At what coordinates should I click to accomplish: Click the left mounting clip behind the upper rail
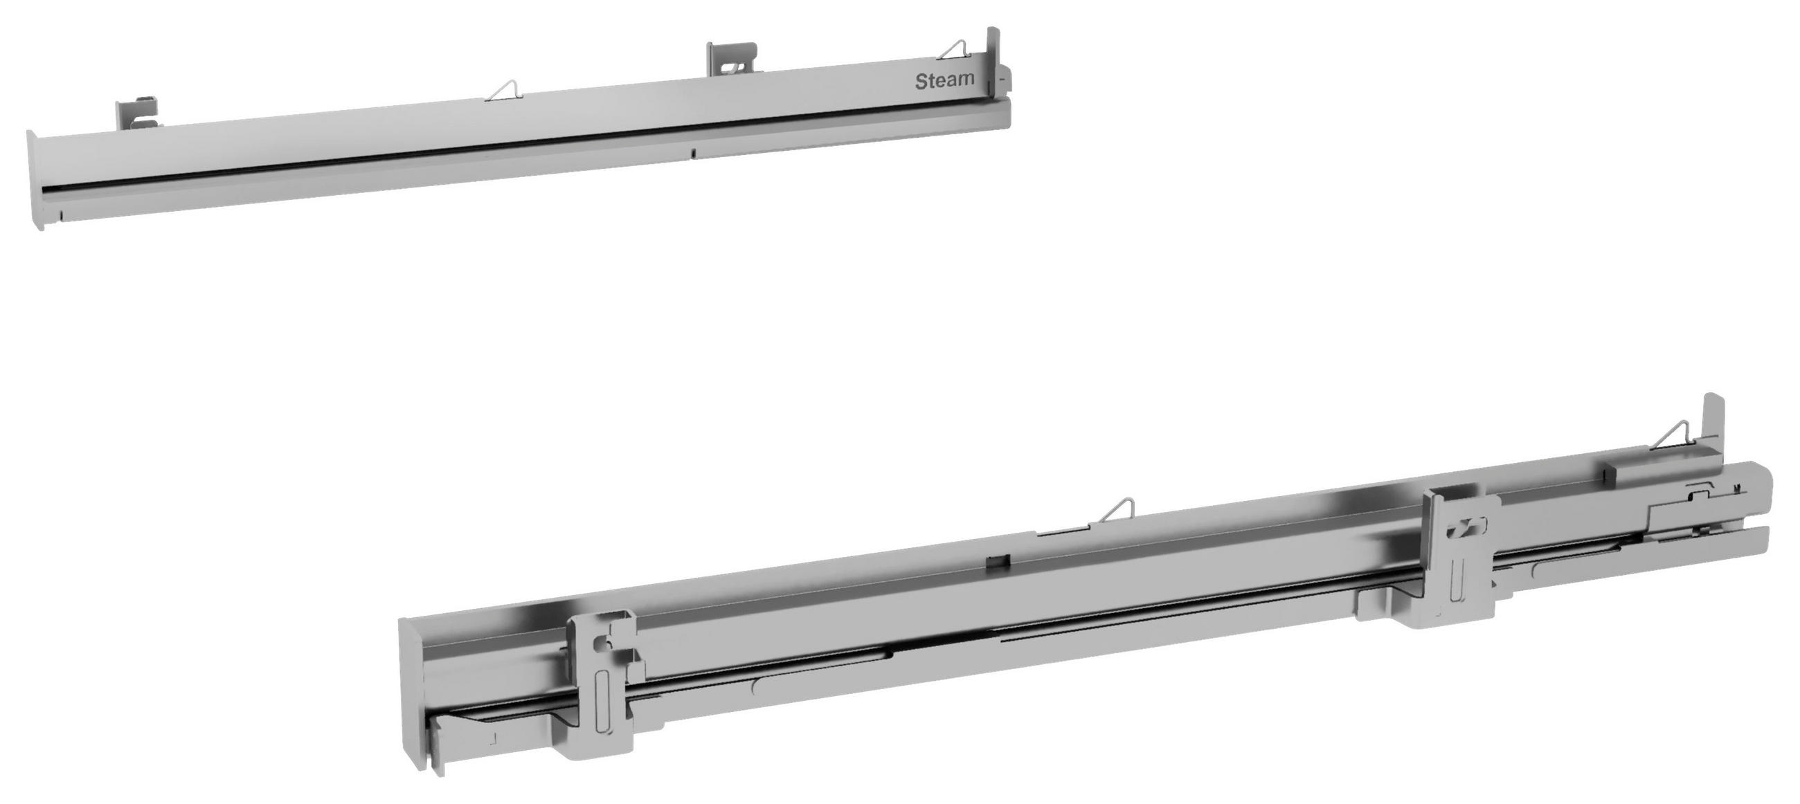pyautogui.click(x=136, y=116)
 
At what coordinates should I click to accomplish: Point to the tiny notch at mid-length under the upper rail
pyautogui.click(x=694, y=152)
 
